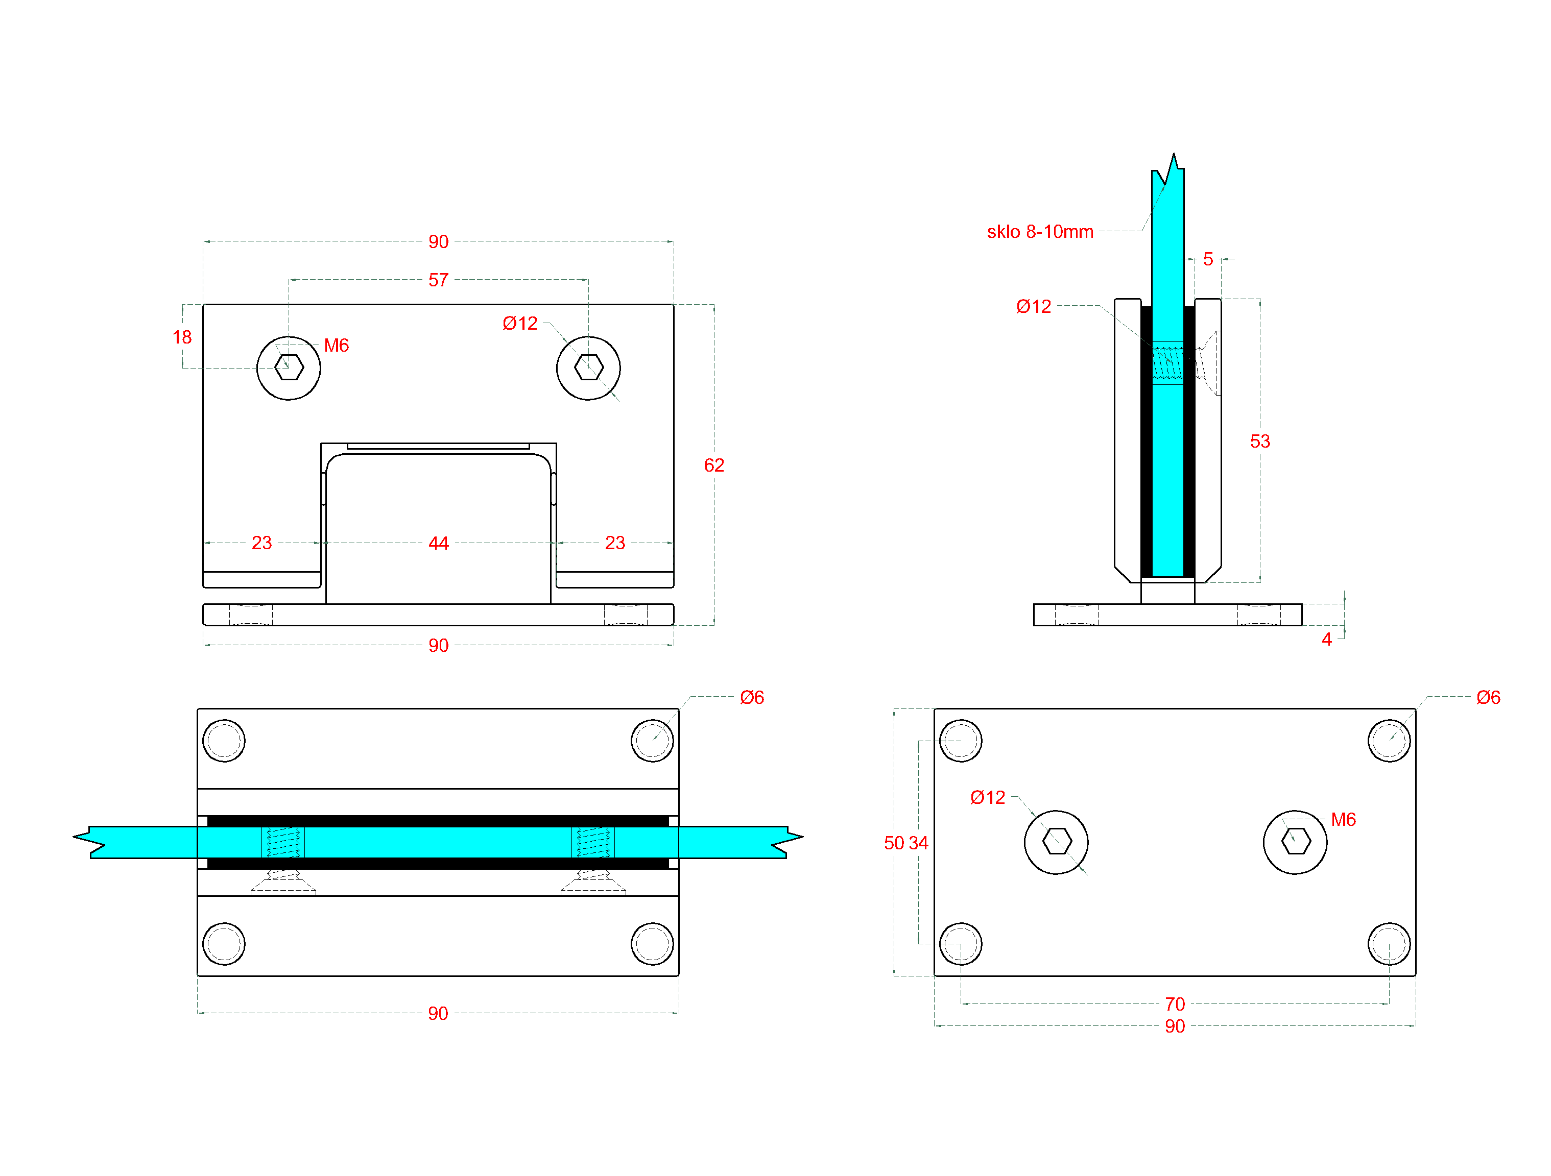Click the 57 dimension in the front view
point(438,280)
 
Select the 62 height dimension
point(714,465)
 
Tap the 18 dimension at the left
point(182,337)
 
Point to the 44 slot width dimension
point(438,543)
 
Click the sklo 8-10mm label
point(1040,232)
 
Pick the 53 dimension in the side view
point(1260,442)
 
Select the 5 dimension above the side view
point(1208,259)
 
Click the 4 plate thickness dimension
point(1327,639)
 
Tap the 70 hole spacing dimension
point(1175,1004)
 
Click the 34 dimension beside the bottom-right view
point(919,843)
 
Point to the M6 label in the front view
point(337,346)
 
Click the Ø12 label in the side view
point(1034,307)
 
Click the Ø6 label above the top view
point(752,697)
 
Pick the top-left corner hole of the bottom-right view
point(961,741)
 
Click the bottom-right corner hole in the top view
point(652,944)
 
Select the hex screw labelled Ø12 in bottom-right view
point(1057,842)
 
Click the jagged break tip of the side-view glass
point(1173,156)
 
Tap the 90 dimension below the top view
point(438,1013)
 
